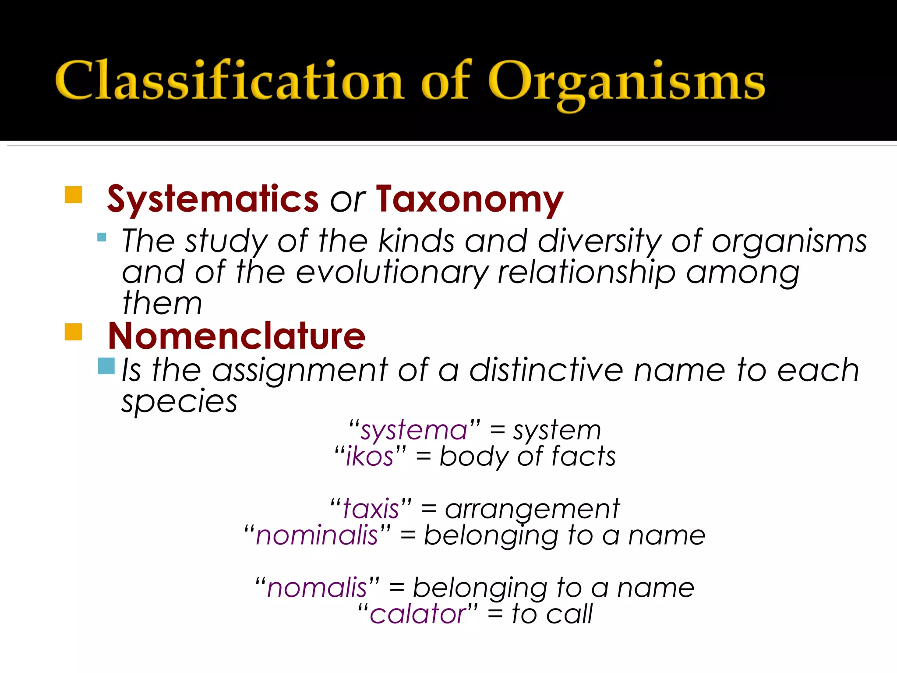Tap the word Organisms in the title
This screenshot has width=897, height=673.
(x=626, y=83)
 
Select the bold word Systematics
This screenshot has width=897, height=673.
(x=213, y=199)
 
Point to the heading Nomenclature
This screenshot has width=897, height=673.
(x=237, y=336)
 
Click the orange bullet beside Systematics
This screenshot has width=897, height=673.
(x=73, y=195)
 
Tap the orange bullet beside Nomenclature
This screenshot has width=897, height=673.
(x=73, y=332)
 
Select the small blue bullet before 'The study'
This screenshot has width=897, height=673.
(x=102, y=237)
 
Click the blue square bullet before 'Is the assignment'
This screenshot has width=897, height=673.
(x=106, y=366)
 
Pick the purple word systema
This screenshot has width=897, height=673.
(x=414, y=430)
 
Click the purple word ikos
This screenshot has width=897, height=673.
(x=370, y=457)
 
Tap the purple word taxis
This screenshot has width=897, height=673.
(x=371, y=509)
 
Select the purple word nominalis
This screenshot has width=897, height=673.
(x=317, y=535)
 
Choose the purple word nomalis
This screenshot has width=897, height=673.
(x=317, y=588)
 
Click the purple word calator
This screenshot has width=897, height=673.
(x=418, y=614)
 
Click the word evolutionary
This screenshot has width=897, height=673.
(x=392, y=273)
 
